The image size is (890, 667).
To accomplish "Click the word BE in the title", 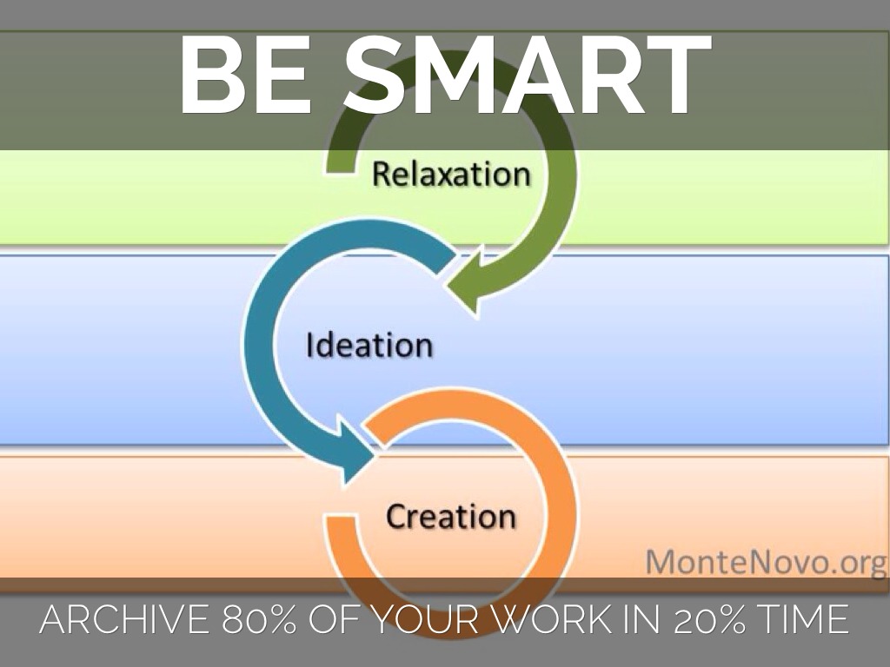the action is click(x=246, y=75).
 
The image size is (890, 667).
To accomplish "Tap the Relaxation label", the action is click(x=451, y=174).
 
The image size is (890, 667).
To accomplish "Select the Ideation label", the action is click(x=369, y=345).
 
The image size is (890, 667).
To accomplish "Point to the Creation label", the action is click(x=451, y=517).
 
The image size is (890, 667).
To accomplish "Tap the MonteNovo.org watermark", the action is click(x=767, y=563).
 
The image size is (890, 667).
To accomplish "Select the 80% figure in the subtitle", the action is click(x=259, y=618).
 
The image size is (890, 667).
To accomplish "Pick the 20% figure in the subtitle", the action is click(x=709, y=618).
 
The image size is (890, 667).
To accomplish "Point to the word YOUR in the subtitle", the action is click(x=425, y=618).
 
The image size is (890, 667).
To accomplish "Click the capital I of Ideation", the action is click(x=309, y=344).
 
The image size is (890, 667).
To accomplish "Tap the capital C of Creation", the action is click(x=396, y=517).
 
